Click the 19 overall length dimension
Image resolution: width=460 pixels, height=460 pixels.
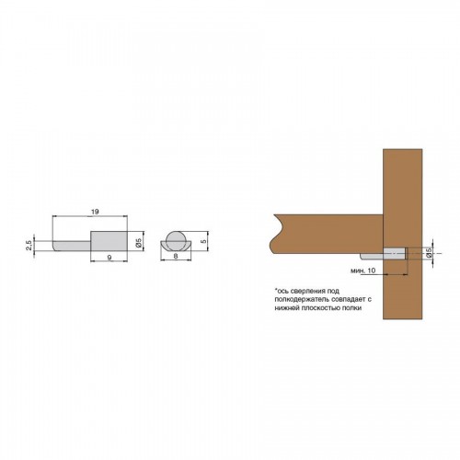95,212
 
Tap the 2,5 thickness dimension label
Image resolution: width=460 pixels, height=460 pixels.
29,246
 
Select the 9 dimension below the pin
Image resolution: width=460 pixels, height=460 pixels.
109,258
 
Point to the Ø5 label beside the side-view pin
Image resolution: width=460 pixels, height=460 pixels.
138,243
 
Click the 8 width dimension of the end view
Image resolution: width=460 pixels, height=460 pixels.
176,256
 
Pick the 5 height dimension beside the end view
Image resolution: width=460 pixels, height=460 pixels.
204,241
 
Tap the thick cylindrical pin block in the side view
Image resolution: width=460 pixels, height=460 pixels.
109,241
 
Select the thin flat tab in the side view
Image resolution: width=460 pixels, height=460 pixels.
72,246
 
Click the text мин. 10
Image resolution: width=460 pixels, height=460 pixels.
362,270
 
